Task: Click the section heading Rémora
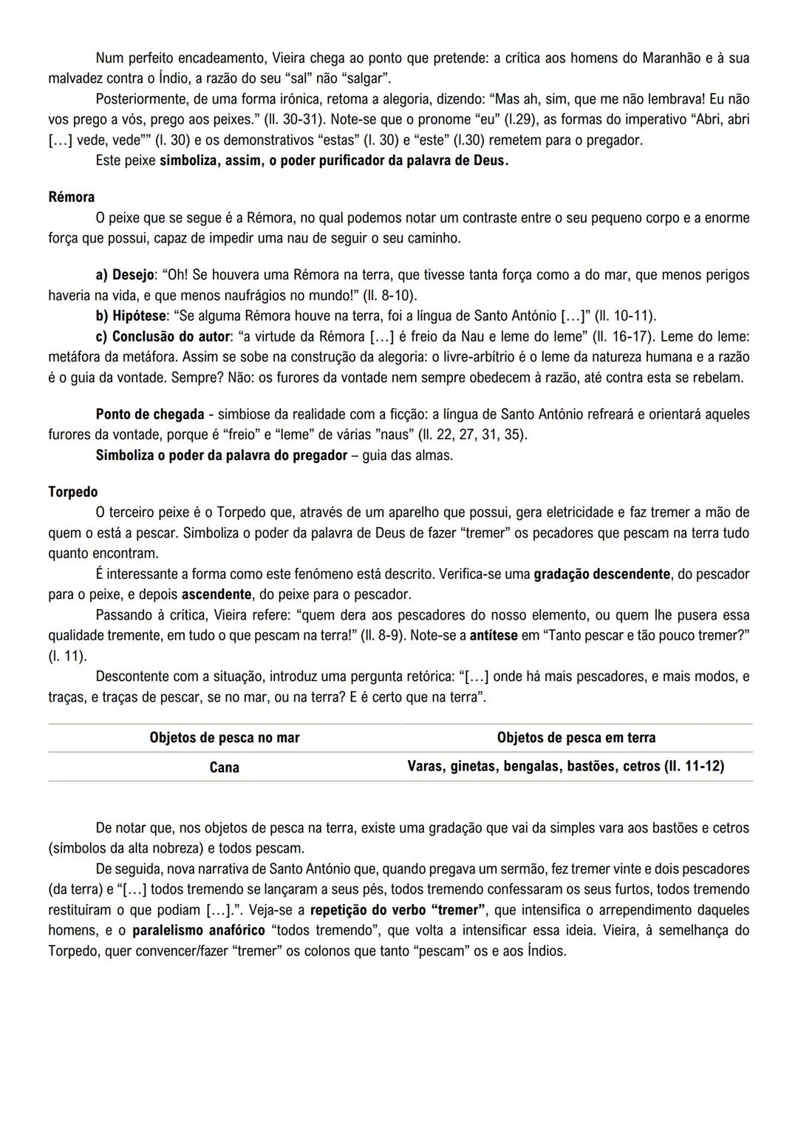click(71, 197)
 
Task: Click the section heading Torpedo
click(72, 492)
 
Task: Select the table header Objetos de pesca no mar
click(225, 737)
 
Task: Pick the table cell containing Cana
click(225, 767)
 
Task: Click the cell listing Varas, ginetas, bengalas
click(565, 767)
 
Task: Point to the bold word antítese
click(494, 635)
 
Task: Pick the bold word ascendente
click(216, 594)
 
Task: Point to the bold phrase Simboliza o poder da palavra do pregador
click(221, 455)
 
